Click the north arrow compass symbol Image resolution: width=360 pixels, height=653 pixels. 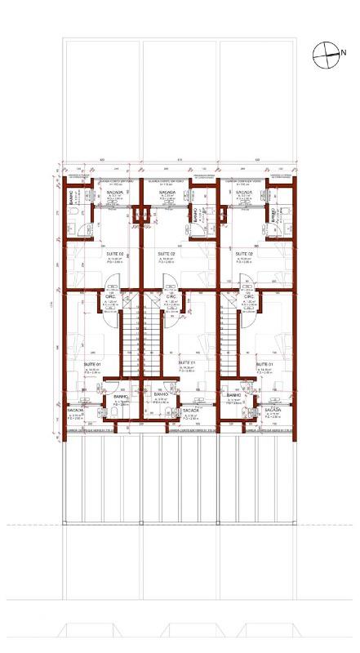pyautogui.click(x=324, y=54)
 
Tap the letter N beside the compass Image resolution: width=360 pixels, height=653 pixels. pyautogui.click(x=344, y=53)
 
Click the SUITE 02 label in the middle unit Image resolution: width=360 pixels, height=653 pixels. pyautogui.click(x=167, y=254)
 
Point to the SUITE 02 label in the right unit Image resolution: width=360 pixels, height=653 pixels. pyautogui.click(x=243, y=254)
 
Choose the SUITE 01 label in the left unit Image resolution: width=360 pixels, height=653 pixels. pyautogui.click(x=92, y=364)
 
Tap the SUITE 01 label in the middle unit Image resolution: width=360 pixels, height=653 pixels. pyautogui.click(x=186, y=362)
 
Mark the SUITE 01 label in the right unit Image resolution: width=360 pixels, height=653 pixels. pyautogui.click(x=264, y=364)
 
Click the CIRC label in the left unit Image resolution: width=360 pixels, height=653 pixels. pyautogui.click(x=110, y=295)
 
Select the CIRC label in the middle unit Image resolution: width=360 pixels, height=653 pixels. pyautogui.click(x=171, y=295)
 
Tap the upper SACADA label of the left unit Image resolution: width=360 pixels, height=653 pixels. pyautogui.click(x=115, y=193)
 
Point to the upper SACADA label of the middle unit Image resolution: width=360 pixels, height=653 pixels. pyautogui.click(x=167, y=193)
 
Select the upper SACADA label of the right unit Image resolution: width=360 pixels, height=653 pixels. pyautogui.click(x=244, y=193)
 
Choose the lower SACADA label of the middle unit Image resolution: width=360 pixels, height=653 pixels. pyautogui.click(x=192, y=411)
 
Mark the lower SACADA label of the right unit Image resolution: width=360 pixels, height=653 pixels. pyautogui.click(x=273, y=411)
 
